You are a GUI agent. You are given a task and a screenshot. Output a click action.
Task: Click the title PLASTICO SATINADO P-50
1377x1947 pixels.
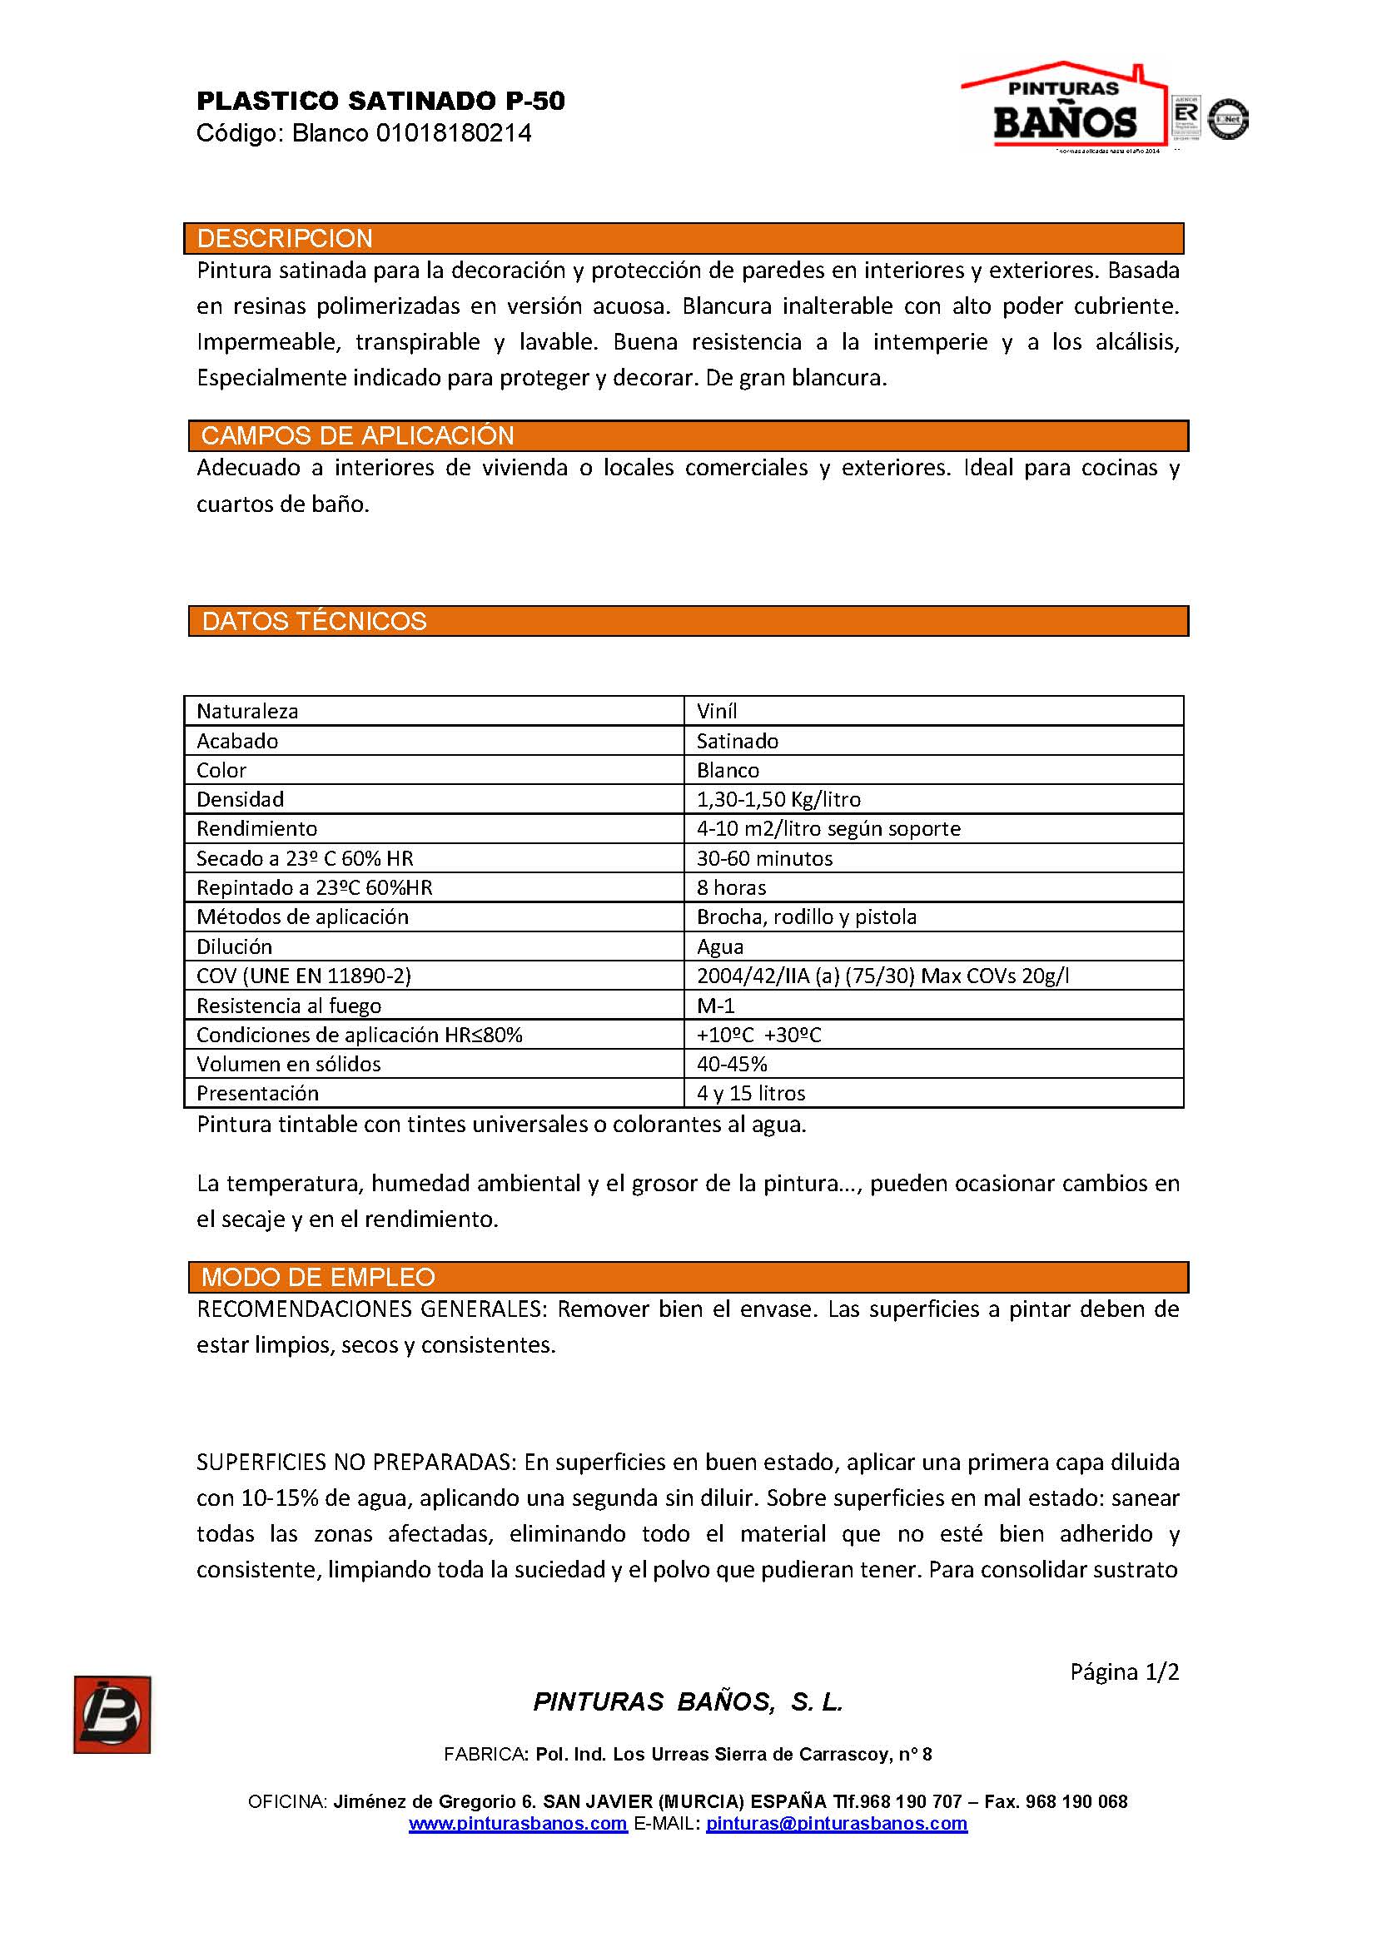pos(380,102)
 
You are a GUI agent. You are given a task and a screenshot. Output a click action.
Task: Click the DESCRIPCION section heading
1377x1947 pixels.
pos(285,238)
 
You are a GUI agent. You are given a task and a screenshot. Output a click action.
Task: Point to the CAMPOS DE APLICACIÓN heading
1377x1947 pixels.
pos(357,436)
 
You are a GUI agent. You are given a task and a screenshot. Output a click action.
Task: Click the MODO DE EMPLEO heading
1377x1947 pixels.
pos(318,1277)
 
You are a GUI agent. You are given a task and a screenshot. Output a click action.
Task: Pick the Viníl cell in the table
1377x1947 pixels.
pos(717,712)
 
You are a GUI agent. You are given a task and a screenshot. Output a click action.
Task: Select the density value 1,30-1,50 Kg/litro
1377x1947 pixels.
pos(778,800)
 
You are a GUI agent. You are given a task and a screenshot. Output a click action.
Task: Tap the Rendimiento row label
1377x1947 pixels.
pos(256,828)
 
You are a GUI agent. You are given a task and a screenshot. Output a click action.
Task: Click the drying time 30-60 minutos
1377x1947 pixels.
pos(765,858)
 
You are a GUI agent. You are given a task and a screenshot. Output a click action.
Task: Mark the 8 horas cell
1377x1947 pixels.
pos(731,888)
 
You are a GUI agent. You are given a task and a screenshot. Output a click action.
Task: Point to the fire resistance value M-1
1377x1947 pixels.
pos(716,1006)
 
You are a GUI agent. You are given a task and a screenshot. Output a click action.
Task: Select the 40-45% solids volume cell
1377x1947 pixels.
pos(732,1065)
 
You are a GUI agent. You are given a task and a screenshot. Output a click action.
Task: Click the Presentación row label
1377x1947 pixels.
pos(258,1094)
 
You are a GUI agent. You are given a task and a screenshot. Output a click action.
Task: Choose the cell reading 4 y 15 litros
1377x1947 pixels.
pos(750,1094)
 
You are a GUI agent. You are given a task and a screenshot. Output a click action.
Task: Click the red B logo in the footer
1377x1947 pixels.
pos(112,1715)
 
